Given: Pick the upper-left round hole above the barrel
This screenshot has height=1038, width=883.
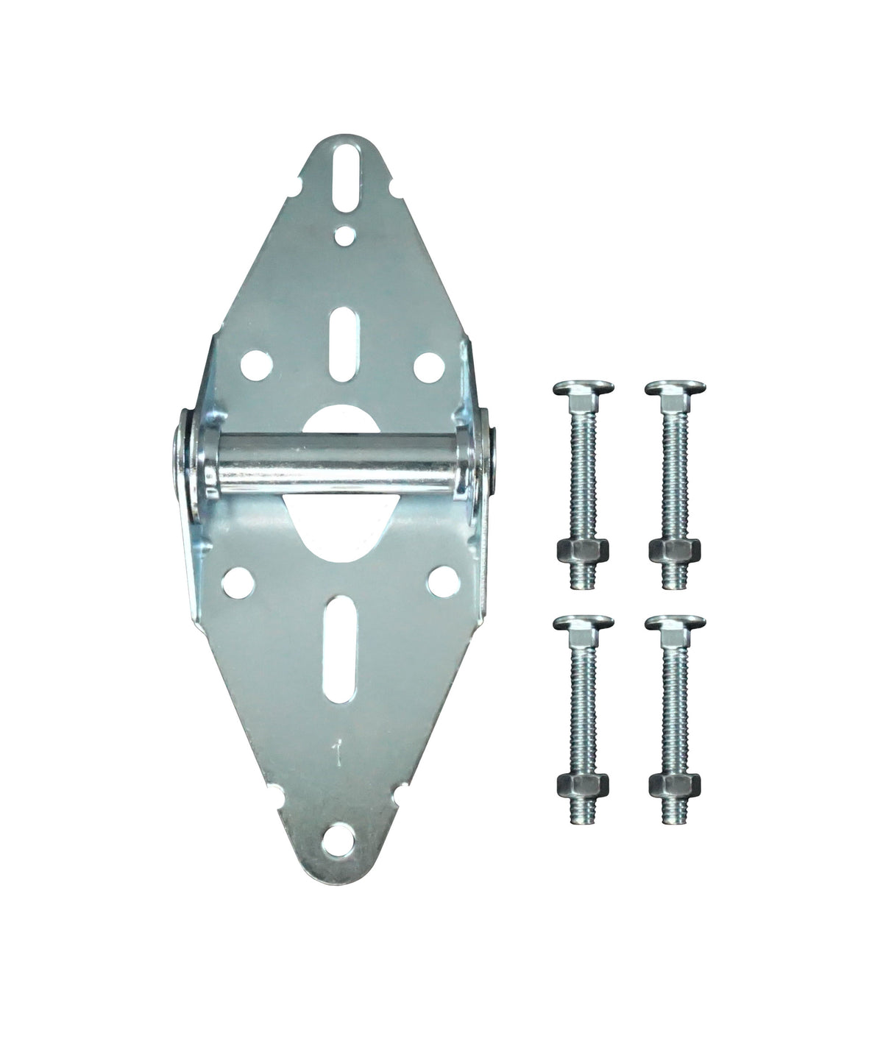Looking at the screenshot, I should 252,363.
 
